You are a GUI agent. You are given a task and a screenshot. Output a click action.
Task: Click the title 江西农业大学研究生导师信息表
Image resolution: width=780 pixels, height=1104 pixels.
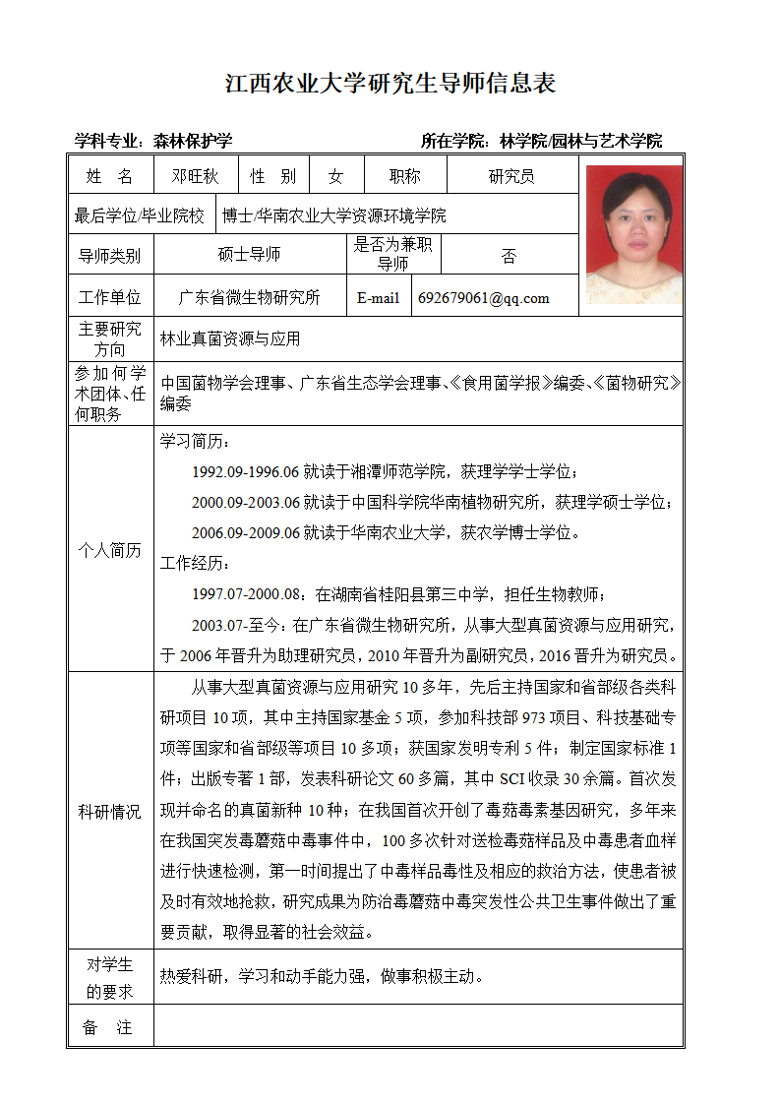(390, 84)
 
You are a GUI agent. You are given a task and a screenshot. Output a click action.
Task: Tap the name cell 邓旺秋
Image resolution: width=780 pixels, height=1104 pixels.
(195, 176)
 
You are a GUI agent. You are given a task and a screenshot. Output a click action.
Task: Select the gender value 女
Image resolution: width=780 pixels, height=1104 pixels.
(335, 176)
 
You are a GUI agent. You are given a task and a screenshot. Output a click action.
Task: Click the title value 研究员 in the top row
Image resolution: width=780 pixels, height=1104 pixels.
(511, 176)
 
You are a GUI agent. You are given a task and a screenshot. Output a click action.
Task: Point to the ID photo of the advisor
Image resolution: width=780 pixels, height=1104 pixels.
(633, 234)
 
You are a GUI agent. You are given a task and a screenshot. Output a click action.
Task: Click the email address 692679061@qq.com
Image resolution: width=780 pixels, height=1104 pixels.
(484, 298)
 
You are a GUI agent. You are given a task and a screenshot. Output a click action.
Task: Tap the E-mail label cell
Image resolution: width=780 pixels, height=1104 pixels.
(378, 298)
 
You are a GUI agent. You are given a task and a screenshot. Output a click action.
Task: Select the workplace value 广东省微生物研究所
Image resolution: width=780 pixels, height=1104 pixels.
(249, 298)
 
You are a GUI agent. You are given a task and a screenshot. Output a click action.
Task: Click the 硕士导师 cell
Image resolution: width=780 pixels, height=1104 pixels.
(249, 255)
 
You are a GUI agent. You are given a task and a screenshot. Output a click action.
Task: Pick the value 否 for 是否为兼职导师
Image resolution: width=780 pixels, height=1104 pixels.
(509, 256)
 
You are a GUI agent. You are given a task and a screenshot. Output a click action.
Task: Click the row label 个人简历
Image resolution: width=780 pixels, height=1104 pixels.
(110, 550)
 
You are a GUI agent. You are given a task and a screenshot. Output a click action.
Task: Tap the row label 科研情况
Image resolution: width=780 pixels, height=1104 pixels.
(110, 812)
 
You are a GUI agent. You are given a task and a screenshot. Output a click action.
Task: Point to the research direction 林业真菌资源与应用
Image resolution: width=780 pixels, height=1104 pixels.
(230, 339)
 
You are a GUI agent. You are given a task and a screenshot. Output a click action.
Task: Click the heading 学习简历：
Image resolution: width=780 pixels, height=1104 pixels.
(197, 442)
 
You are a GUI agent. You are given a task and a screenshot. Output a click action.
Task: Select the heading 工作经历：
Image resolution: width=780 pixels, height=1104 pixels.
(197, 564)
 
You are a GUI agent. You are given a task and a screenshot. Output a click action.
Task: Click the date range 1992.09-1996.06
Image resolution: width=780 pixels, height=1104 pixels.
(245, 472)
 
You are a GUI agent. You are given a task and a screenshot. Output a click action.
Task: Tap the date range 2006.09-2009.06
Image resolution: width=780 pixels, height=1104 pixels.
(245, 533)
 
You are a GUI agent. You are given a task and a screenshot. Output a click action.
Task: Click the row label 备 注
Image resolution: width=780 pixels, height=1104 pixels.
(109, 1027)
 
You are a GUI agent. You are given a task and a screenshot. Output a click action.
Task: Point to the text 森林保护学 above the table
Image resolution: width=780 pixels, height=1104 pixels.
(193, 141)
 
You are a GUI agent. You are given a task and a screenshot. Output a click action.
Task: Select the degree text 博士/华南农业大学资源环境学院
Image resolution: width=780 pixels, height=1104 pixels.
(334, 215)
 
